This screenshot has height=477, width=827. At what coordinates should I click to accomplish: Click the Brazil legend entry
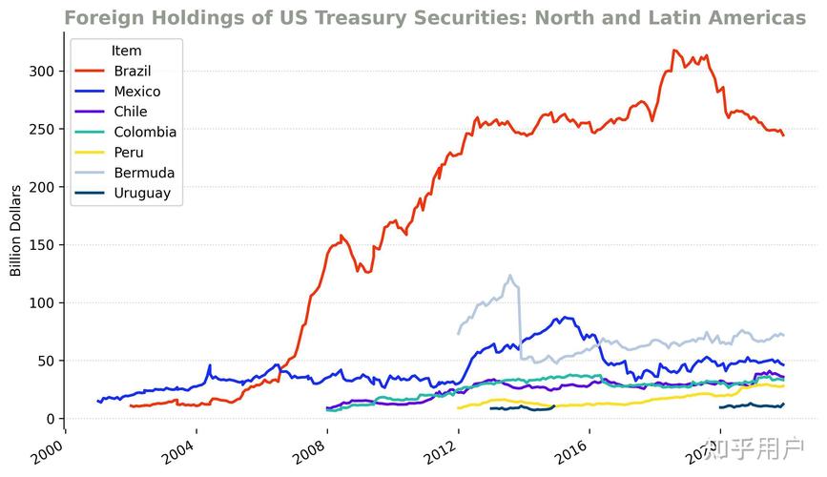[x=133, y=72]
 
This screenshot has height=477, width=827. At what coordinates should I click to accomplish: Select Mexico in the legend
[x=136, y=92]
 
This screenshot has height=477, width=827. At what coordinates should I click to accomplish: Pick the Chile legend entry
[x=131, y=112]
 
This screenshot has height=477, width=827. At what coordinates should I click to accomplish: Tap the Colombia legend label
[x=145, y=133]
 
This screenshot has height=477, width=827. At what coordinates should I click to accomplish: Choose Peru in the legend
[x=129, y=153]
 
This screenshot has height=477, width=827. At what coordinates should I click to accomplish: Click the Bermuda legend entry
[x=144, y=173]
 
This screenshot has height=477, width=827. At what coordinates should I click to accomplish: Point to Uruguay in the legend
[x=142, y=194]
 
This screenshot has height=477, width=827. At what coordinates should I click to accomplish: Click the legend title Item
[x=127, y=51]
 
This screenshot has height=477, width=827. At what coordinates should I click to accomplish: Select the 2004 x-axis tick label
[x=180, y=447]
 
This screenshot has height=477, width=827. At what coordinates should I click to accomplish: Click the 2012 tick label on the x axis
[x=443, y=447]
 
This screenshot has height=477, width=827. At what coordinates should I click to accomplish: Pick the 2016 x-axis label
[x=573, y=447]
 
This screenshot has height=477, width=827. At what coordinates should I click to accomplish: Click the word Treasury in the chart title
[x=341, y=18]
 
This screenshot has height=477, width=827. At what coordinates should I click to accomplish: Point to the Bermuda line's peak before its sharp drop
[x=510, y=276]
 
